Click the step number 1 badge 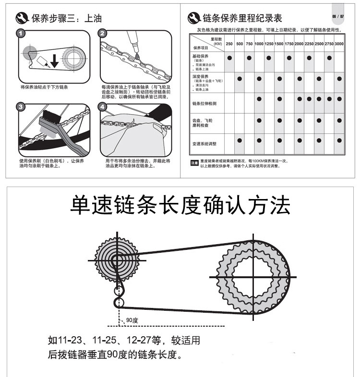(20, 34)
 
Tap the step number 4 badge (103, 106)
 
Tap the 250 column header (229, 44)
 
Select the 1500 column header (279, 44)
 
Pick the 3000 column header (339, 44)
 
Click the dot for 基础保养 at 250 (229, 58)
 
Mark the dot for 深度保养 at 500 (239, 78)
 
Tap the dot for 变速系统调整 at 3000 (339, 140)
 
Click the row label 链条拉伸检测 (204, 103)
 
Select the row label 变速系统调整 (204, 144)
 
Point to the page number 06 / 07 (337, 16)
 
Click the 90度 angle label (132, 320)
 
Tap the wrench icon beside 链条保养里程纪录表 (194, 18)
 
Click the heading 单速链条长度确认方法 (180, 205)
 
